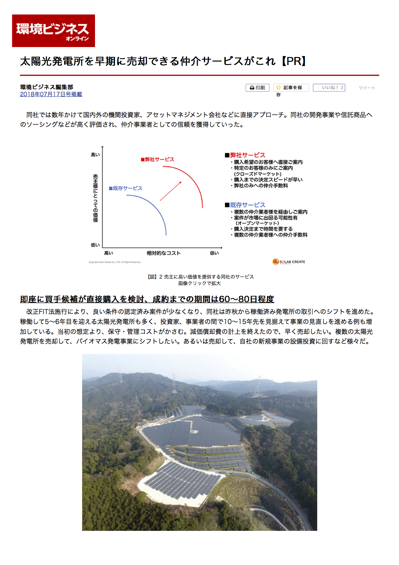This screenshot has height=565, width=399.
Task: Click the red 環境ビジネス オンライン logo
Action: (x=53, y=31)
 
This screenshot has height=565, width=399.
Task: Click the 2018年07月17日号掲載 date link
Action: (x=51, y=94)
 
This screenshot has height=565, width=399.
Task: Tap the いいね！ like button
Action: (x=329, y=88)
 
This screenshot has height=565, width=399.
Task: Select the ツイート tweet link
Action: (x=367, y=88)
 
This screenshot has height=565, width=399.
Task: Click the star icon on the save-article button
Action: (x=279, y=88)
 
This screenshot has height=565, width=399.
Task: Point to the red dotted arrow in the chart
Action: (x=171, y=191)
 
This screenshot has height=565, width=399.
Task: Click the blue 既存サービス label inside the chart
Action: (x=126, y=188)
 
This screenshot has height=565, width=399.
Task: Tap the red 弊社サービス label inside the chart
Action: (x=157, y=159)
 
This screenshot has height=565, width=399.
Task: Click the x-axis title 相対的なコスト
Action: (x=164, y=253)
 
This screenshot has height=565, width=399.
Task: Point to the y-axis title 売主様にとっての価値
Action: (x=95, y=198)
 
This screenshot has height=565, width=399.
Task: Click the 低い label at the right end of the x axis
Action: (x=214, y=253)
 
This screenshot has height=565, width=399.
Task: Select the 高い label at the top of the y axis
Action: (x=95, y=155)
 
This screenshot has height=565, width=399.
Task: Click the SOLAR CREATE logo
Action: (x=289, y=262)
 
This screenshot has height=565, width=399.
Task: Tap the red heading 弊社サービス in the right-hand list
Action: (x=247, y=155)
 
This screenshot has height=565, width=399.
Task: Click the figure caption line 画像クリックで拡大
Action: (x=199, y=283)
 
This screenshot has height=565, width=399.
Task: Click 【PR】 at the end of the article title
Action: (x=293, y=61)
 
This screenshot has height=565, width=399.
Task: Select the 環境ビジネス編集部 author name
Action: (x=47, y=87)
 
